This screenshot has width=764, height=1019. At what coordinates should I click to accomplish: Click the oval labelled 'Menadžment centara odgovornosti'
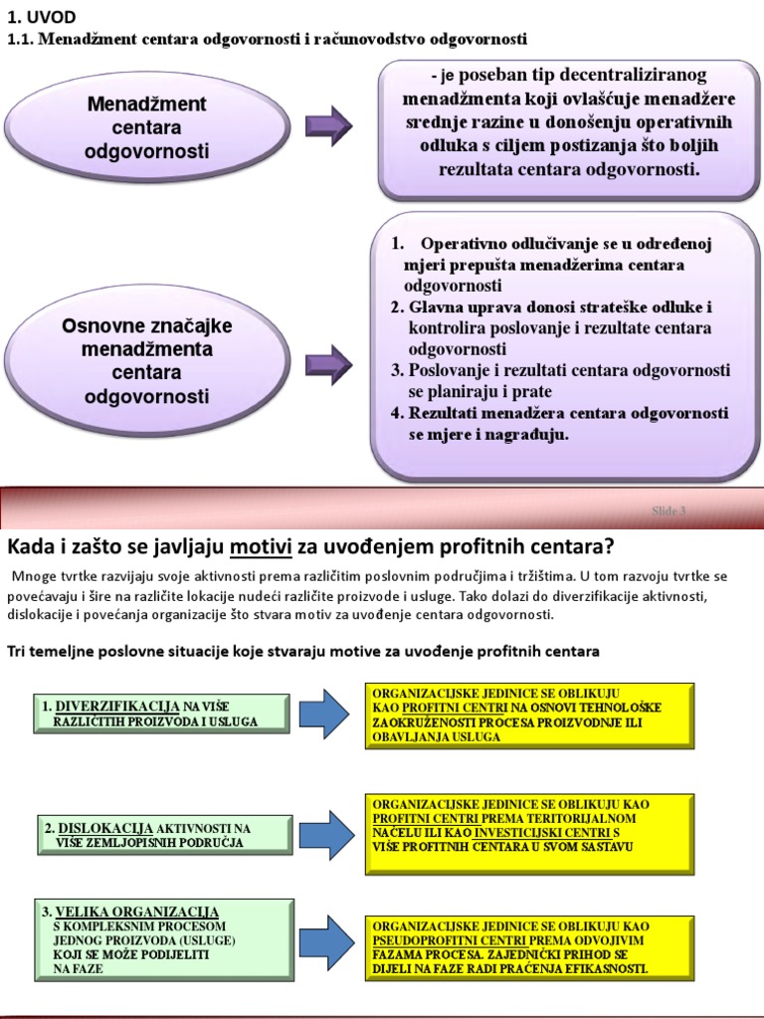tap(147, 128)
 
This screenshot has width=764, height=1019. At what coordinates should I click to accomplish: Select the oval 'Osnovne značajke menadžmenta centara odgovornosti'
tap(147, 361)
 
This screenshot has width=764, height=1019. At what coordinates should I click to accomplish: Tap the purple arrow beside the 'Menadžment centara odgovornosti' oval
tap(328, 125)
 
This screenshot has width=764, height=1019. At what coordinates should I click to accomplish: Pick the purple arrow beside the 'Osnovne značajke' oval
tap(328, 364)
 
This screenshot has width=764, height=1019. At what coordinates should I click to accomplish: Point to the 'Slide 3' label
tap(668, 510)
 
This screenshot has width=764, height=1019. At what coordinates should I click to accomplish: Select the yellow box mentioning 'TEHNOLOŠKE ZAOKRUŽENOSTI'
tap(528, 714)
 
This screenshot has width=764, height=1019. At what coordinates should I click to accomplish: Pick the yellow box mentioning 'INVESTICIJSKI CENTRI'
tap(528, 825)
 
